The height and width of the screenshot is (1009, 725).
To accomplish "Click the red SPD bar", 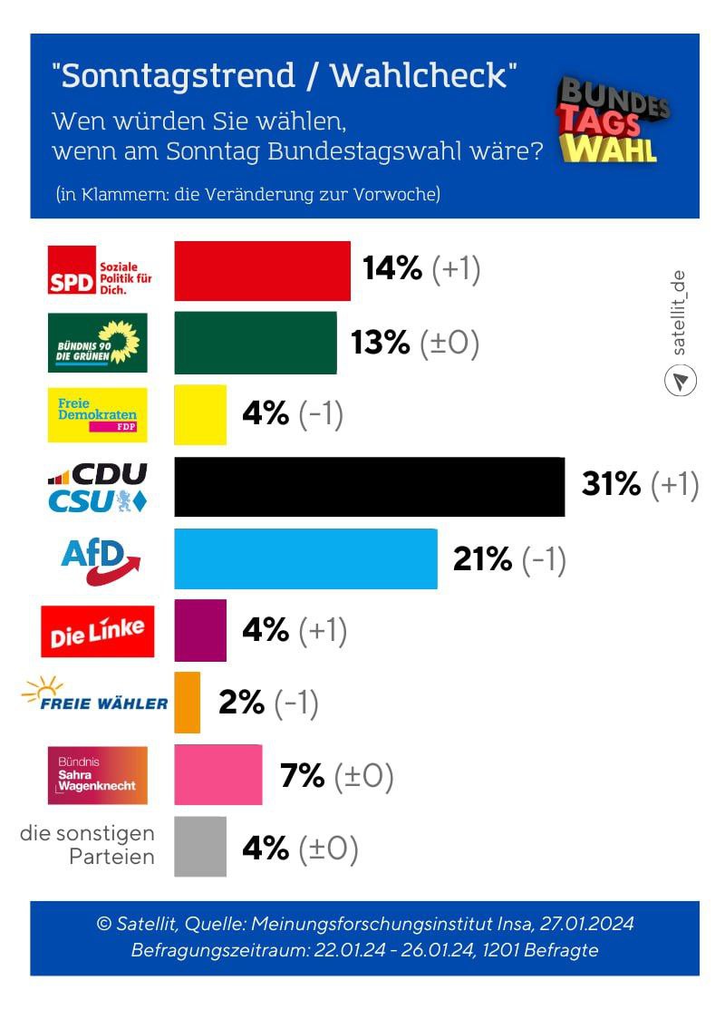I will (262, 270).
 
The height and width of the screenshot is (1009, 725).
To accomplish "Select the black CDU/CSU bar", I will (369, 487).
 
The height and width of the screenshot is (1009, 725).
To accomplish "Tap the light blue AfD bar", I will (305, 558).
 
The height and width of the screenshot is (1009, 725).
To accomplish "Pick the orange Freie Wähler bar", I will (187, 703).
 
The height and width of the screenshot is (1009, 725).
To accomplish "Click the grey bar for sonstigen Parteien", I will (200, 847).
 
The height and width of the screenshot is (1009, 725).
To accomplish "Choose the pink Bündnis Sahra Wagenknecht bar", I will (217, 775).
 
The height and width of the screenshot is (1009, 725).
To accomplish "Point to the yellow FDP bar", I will (200, 414).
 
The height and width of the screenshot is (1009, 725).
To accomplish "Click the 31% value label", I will (611, 485).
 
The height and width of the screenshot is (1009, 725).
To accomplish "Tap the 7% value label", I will (303, 776).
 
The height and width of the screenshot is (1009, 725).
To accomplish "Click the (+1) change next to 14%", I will (456, 269).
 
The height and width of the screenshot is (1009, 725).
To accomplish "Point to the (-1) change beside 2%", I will (295, 703).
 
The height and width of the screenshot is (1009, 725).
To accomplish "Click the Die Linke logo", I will (98, 631).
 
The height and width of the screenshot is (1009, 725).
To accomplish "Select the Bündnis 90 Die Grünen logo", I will (97, 342).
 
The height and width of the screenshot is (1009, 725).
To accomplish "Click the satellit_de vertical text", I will (681, 312).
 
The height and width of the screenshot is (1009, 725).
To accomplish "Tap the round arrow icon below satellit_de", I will (681, 380).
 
